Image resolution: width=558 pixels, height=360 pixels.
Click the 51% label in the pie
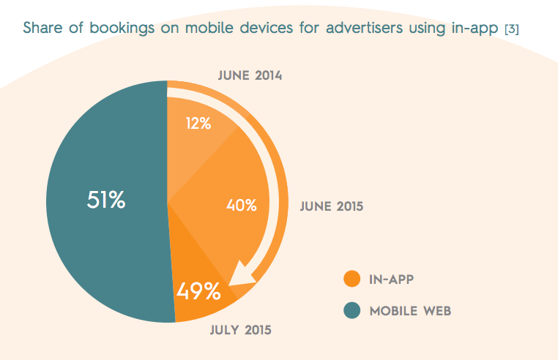point(106,200)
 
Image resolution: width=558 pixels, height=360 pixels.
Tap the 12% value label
point(198,124)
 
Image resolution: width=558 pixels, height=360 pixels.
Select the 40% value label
point(241,206)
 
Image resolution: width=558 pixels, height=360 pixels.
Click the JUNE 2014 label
point(250,76)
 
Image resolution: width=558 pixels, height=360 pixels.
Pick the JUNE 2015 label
point(332,206)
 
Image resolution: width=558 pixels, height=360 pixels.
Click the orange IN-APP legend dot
point(352,279)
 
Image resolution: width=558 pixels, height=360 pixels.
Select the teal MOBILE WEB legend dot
point(352,311)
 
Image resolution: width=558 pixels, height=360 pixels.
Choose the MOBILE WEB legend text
point(410,311)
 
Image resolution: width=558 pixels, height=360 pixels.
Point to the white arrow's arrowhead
point(240,276)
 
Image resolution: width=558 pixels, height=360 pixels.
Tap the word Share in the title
point(42,29)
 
